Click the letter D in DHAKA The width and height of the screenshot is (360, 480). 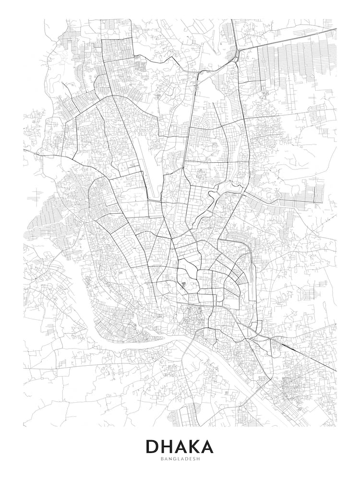tap(154, 446)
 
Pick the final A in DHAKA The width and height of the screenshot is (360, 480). tap(207, 446)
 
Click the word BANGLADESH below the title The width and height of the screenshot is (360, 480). tap(180, 459)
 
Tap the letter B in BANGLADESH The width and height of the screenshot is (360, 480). tap(162, 459)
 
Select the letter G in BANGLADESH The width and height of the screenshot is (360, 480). tap(174, 459)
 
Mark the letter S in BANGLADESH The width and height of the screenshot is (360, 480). tap(193, 459)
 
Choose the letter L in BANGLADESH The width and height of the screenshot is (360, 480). tap(178, 459)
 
